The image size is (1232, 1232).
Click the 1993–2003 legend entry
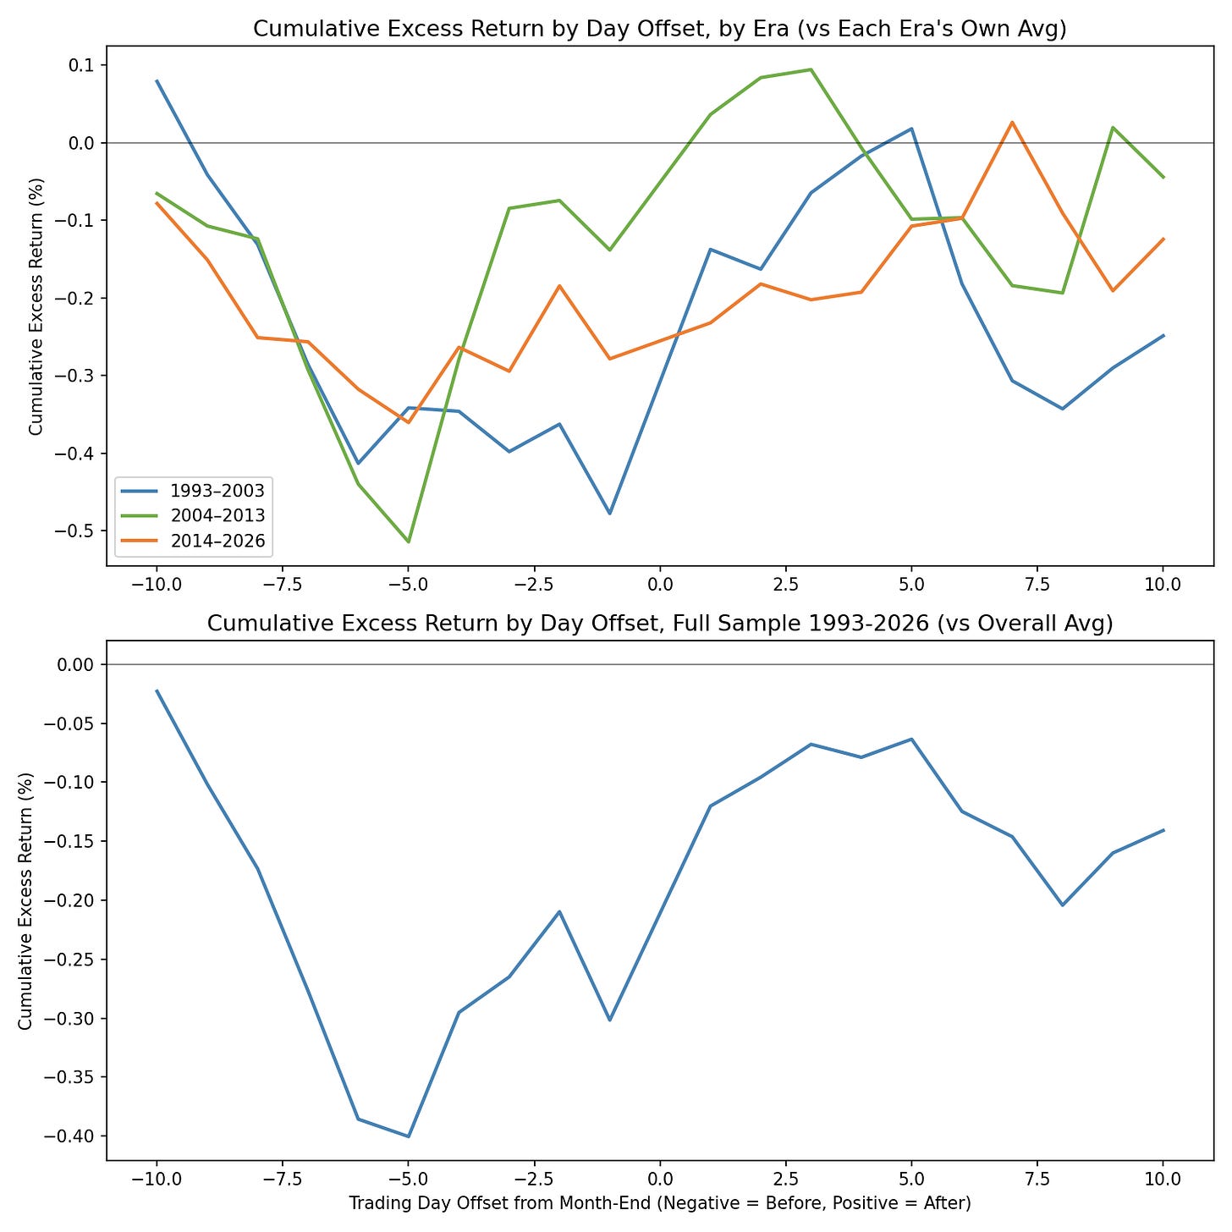193,491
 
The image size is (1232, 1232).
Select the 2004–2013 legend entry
193,515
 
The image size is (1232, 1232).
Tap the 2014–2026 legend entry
193,541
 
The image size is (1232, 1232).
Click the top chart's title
659,30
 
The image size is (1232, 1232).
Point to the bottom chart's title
659,624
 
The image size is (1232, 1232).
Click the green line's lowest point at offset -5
409,542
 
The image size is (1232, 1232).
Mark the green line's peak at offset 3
811,69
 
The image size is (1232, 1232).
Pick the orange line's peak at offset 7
1012,122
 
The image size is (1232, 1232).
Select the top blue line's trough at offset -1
610,514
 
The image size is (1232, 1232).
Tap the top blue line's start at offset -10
157,80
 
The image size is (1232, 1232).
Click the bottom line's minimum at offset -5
409,1136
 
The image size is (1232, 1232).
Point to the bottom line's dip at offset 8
1063,905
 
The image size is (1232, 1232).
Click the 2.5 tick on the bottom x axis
786,1179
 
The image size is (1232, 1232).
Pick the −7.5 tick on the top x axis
283,585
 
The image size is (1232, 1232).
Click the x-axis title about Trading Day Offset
659,1203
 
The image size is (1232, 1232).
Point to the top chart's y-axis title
36,306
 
